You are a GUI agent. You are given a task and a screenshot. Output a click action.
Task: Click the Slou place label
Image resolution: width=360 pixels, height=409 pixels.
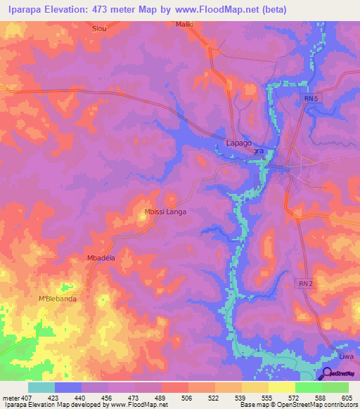pos(100,29)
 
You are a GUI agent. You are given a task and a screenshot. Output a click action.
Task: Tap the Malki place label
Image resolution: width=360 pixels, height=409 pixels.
pos(184,25)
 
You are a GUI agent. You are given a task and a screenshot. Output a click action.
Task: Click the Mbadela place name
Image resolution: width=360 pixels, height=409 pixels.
pos(101,258)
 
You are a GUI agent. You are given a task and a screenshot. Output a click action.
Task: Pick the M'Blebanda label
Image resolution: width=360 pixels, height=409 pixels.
pos(58,299)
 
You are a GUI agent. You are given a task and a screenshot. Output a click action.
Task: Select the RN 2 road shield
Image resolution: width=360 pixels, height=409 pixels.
pos(302,282)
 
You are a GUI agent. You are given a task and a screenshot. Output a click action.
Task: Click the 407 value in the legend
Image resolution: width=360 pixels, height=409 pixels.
pos(27,398)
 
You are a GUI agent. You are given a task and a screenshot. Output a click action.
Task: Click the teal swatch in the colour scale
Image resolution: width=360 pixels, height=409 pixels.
pos(41,387)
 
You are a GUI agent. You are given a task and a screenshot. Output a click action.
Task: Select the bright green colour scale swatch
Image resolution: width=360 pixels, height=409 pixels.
pos(308,387)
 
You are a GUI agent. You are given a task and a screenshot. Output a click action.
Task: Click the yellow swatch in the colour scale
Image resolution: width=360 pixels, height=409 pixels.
pos(281,387)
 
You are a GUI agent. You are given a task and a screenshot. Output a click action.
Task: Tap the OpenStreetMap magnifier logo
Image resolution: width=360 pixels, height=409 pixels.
pos(326,375)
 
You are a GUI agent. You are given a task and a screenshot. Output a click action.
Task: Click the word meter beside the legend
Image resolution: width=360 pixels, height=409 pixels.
pos(11,398)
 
